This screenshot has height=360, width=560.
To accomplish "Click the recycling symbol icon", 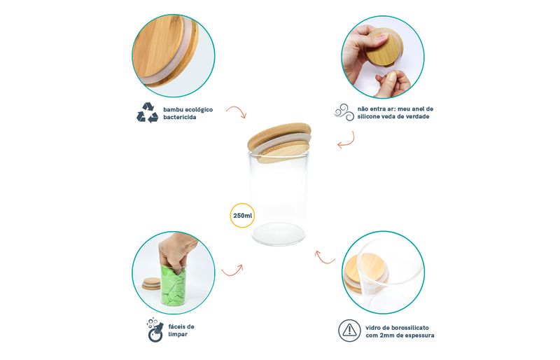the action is point(147,113).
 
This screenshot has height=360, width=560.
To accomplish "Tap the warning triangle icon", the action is point(349,331).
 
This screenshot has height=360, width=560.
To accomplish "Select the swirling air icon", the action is point(344,112).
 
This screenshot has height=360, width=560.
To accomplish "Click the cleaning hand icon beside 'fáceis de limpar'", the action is point(155,330).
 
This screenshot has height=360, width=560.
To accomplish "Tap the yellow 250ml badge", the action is point(242,216).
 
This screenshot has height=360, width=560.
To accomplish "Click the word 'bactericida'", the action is point(180,117).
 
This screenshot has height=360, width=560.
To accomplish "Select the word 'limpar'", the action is point(178,334).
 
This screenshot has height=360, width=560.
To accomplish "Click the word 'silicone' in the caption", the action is point(369,116).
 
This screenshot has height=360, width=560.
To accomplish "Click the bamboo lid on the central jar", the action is point(279,142).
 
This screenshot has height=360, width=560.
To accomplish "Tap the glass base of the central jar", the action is point(279,233).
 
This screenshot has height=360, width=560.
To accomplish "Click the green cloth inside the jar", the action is point(174,286).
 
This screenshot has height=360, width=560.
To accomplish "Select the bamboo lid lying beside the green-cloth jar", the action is point(151,284).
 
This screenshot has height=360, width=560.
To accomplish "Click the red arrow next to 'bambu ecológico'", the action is point(237,111).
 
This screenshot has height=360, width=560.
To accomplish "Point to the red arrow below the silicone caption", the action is point(346,140).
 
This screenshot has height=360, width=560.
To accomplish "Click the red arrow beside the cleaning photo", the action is point(232,270).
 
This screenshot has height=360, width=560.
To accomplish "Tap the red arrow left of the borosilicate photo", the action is point(324,257).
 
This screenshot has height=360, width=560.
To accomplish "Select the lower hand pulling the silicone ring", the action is point(393,83).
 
